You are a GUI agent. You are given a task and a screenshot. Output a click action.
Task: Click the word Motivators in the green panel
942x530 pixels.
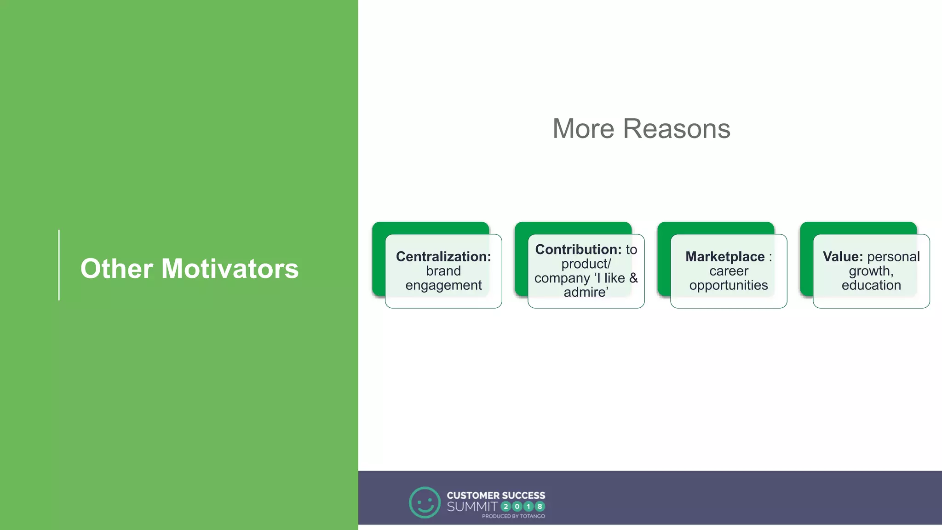(230, 268)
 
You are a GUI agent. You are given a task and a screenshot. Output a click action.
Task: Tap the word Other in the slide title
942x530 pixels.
(116, 268)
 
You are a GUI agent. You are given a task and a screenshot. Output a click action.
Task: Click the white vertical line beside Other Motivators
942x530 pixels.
(59, 265)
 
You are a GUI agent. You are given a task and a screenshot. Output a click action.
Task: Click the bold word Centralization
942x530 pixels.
(443, 256)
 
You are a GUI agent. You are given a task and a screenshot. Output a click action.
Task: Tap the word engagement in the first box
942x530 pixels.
(443, 285)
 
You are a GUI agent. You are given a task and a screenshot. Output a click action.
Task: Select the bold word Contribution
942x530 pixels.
(578, 249)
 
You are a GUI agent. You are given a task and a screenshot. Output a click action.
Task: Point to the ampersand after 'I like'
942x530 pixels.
(633, 278)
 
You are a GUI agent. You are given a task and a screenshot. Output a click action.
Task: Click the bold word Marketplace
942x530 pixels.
(725, 256)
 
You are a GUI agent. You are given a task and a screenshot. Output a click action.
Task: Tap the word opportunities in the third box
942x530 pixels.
(729, 285)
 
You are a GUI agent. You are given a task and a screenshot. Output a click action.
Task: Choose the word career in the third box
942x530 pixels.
(729, 271)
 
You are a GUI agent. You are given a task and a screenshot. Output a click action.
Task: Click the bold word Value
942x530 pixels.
(842, 256)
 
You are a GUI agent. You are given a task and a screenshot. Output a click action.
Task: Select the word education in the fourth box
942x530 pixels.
(871, 285)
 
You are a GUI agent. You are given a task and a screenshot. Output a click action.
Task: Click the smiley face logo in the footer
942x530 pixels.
(425, 502)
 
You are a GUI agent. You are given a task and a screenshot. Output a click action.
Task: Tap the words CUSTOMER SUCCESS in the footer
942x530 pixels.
(496, 495)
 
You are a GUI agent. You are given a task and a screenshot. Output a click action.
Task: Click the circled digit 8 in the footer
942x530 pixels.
(540, 507)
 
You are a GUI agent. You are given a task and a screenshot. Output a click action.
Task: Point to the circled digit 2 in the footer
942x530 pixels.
(506, 507)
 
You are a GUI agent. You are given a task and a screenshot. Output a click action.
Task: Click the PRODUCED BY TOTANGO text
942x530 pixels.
(513, 516)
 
